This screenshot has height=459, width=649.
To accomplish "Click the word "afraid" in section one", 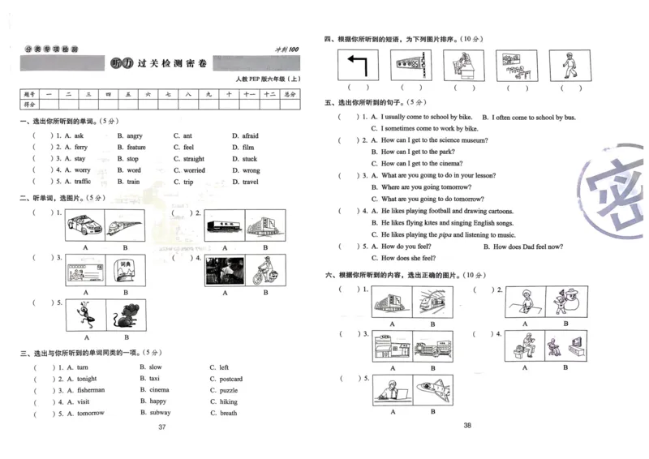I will click(250, 136).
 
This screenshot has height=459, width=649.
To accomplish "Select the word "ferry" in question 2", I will click(81, 148).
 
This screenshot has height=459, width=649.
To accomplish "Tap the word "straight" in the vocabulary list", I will click(194, 159).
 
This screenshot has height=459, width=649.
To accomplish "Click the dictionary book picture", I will click(126, 270).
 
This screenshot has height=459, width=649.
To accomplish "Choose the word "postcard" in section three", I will click(230, 379).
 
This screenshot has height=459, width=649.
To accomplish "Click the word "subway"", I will click(161, 413).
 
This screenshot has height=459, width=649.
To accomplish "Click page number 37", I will click(162, 427).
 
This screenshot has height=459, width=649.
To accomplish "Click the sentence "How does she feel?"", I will click(408, 258).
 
